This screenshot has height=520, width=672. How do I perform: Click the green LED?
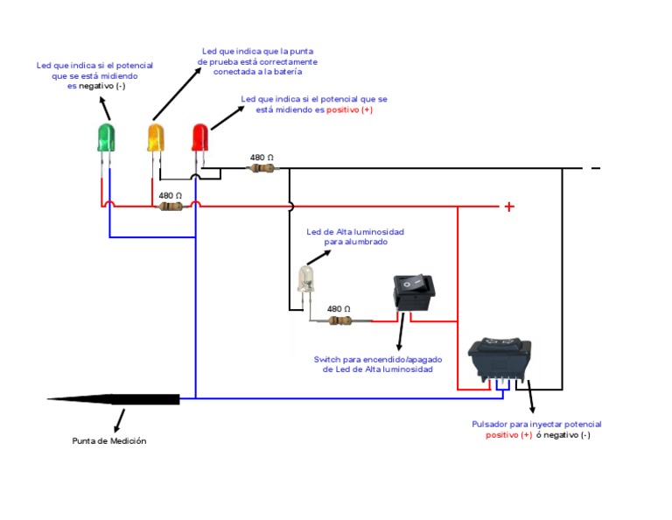click(106, 137)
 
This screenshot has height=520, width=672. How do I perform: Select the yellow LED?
click(156, 137)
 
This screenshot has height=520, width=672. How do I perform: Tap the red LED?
click(201, 137)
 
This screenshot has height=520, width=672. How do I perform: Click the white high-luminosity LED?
click(304, 278)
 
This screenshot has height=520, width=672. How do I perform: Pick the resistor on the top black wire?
click(260, 167)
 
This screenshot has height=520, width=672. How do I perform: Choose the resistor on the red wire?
click(171, 207)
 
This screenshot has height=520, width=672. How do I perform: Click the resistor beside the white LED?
click(339, 321)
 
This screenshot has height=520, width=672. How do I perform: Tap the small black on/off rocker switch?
click(413, 291)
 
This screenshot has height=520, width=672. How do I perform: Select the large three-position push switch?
click(500, 358)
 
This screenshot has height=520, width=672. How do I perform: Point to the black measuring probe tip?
click(114, 399)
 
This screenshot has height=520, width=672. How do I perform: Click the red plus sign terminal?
click(507, 207)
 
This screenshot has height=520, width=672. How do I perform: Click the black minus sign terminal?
click(596, 167)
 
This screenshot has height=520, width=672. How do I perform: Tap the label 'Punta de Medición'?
click(108, 441)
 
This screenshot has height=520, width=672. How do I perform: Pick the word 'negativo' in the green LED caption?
click(97, 87)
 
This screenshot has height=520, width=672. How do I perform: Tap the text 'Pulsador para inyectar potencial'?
click(536, 425)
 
